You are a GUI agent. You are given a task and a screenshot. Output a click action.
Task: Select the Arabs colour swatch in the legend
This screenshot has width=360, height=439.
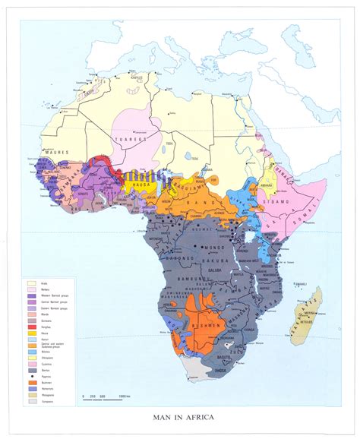pos(33,283)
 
